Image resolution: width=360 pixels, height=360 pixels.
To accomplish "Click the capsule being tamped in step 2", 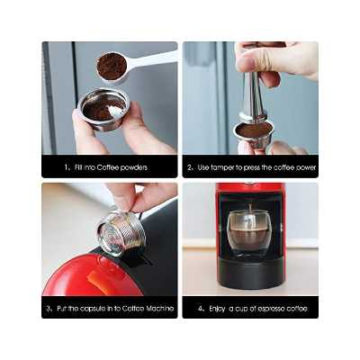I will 254,130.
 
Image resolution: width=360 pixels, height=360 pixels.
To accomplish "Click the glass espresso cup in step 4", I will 249,232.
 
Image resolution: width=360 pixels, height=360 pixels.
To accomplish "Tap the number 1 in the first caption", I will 67,167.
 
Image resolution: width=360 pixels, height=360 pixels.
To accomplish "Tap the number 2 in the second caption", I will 191,167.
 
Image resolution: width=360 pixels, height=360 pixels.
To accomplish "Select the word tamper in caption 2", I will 227,167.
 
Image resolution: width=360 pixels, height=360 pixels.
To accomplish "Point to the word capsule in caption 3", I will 95,309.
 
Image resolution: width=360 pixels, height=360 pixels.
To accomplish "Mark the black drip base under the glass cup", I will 249,270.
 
